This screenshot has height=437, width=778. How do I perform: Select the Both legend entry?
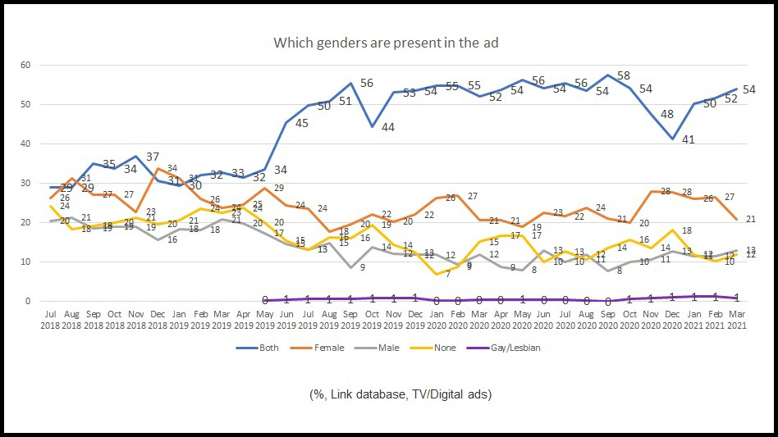tap(268, 348)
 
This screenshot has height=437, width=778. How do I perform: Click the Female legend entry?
tap(325, 348)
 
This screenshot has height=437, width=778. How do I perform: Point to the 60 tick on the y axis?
tap(25, 65)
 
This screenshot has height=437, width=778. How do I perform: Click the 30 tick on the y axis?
tap(25, 183)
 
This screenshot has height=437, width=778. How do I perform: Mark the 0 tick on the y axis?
tap(27, 301)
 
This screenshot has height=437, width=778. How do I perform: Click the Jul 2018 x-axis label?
tap(51, 318)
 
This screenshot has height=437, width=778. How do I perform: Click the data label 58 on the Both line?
tap(623, 76)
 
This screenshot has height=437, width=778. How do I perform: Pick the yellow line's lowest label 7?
tap(448, 274)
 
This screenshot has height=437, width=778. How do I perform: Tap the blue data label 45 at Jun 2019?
tap(302, 124)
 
